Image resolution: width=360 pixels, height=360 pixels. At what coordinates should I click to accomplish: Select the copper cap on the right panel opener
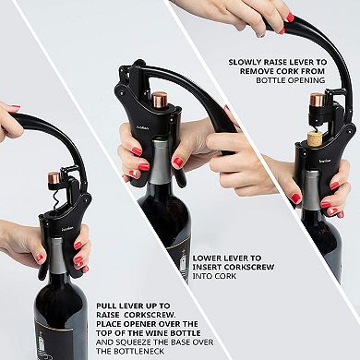point(317,98)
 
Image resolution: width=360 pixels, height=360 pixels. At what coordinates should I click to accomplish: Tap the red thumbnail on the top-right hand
point(289,17)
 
